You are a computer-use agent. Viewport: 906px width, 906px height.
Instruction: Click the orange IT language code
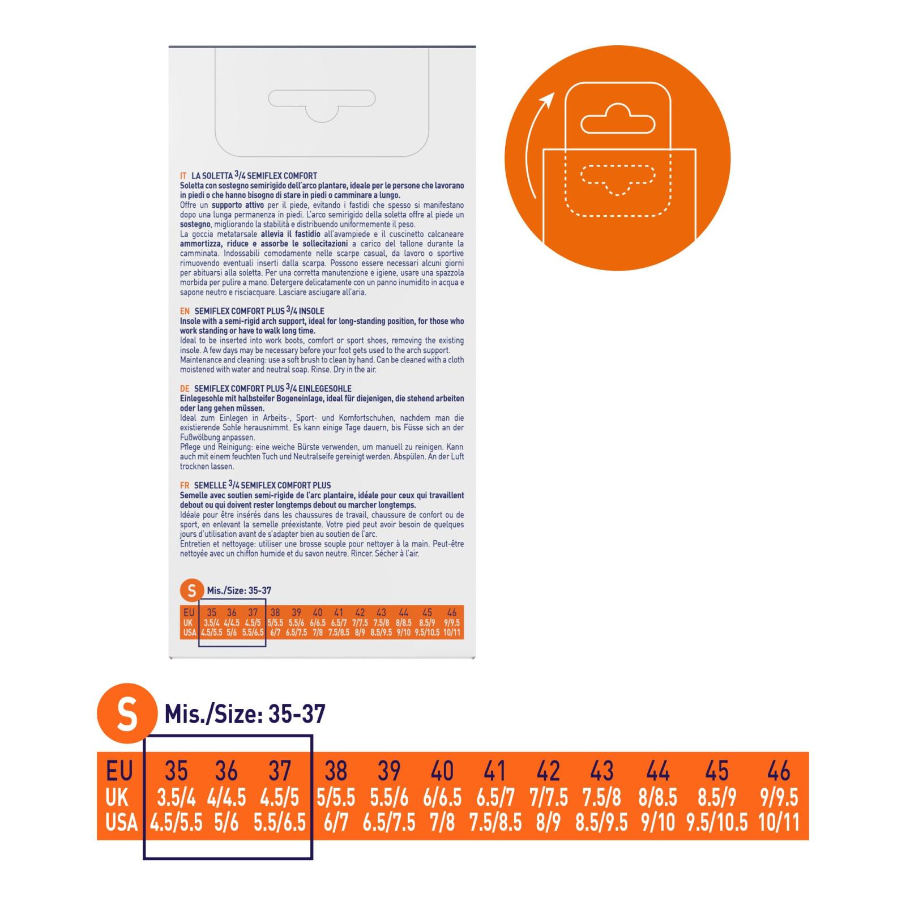pyautogui.click(x=183, y=176)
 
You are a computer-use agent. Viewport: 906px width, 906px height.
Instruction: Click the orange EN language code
pyautogui.click(x=185, y=311)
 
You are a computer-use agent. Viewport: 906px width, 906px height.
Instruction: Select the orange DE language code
pyautogui.click(x=185, y=389)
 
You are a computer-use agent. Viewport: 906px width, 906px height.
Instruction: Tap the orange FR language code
pyautogui.click(x=185, y=485)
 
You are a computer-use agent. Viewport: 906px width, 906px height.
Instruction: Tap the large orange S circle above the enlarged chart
pyautogui.click(x=126, y=714)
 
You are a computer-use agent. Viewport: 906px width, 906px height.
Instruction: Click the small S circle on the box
pyautogui.click(x=191, y=591)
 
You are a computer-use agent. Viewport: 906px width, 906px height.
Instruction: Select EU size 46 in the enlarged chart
pyautogui.click(x=778, y=771)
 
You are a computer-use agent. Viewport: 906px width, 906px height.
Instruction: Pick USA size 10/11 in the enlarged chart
pyautogui.click(x=779, y=822)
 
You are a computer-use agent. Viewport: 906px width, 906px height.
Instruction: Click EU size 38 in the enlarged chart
pyautogui.click(x=336, y=771)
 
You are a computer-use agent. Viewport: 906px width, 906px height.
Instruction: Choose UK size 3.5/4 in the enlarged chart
pyautogui.click(x=176, y=798)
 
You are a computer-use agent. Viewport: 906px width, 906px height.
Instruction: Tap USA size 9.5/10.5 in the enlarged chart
pyautogui.click(x=717, y=822)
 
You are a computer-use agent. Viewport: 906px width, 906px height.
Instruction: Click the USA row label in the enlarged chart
pyautogui.click(x=121, y=822)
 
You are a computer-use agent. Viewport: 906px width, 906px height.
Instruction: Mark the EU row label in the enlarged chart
pyautogui.click(x=119, y=771)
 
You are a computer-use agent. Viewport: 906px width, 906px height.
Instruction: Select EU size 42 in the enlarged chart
pyautogui.click(x=548, y=771)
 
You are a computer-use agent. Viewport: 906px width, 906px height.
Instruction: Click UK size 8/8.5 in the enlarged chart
pyautogui.click(x=657, y=798)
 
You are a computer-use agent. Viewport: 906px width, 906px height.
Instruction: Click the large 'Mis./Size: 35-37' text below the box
pyautogui.click(x=245, y=714)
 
